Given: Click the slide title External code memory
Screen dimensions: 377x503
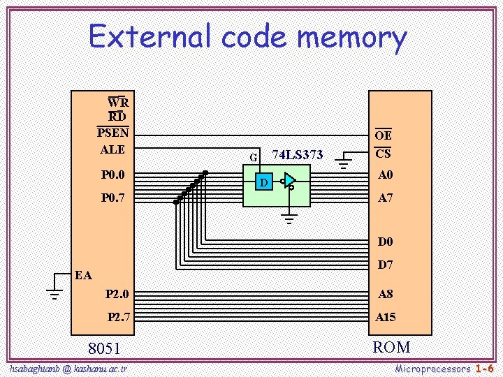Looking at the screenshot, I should tap(248, 37).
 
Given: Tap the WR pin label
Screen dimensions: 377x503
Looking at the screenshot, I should tap(117, 103).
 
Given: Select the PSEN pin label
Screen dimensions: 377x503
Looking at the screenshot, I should tap(112, 133).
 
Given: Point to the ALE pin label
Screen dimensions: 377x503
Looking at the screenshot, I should tap(112, 149).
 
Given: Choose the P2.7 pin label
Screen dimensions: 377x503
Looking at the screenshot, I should tap(119, 317).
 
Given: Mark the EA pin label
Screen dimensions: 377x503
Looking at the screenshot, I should tap(83, 275).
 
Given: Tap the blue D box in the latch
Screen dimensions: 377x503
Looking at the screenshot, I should tap(263, 183).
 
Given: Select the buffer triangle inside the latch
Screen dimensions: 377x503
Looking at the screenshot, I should tap(289, 181).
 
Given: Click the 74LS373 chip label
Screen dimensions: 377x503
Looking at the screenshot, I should tap(297, 155).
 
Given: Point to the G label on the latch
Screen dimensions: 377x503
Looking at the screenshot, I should tap(253, 157).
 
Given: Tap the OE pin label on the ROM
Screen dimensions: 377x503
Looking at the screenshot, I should tap(384, 135).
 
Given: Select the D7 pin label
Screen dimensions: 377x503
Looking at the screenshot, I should tap(386, 265).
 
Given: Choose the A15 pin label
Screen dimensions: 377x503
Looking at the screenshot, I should tap(386, 317).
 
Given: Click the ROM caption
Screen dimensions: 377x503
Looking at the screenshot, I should tap(391, 347).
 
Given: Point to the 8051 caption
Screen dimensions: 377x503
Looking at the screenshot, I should tap(104, 348).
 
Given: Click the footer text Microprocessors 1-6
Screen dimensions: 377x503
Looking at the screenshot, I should tap(444, 368).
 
